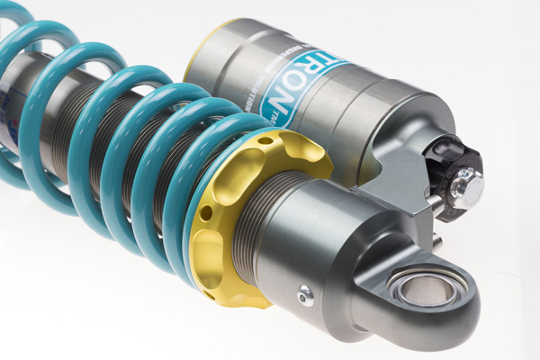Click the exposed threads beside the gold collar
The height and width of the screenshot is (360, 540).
click(261, 216)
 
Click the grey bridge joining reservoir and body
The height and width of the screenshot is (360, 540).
click(396, 180)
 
